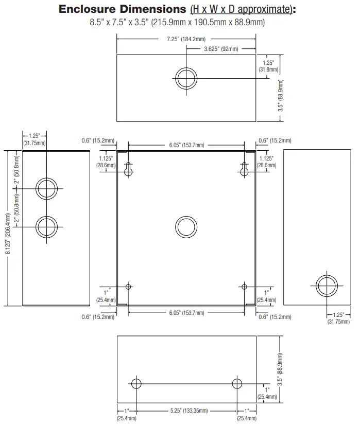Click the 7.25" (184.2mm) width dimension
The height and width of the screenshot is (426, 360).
(186, 39)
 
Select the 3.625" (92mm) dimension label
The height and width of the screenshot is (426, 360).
(221, 49)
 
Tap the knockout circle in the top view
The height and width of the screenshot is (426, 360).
(186, 67)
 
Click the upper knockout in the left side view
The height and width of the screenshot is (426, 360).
(46, 178)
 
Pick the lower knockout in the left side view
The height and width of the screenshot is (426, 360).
(46, 216)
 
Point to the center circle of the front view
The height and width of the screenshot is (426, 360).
(186, 216)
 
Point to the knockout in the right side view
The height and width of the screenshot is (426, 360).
(327, 275)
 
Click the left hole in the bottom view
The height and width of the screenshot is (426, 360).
(136, 379)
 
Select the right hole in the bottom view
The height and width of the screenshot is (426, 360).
(237, 379)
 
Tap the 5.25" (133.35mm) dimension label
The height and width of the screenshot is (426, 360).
(189, 411)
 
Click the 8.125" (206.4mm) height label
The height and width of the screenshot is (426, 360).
(8, 234)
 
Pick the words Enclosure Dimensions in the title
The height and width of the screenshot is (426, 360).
(123, 9)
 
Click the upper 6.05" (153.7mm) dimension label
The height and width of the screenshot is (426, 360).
(186, 145)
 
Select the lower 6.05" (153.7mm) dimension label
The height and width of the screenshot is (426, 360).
(186, 313)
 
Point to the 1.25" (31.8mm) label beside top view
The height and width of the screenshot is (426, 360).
(268, 66)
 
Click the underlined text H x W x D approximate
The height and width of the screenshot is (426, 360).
(241, 9)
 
